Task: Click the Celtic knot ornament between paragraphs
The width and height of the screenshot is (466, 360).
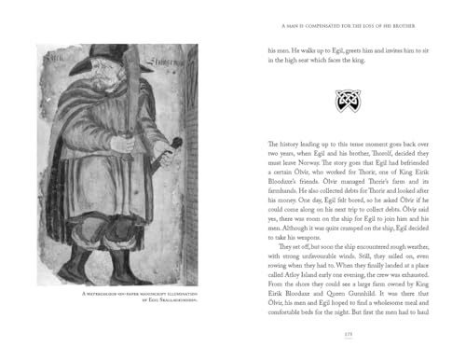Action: tap(347, 101)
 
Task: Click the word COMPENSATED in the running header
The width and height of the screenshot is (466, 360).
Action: tap(323, 25)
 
